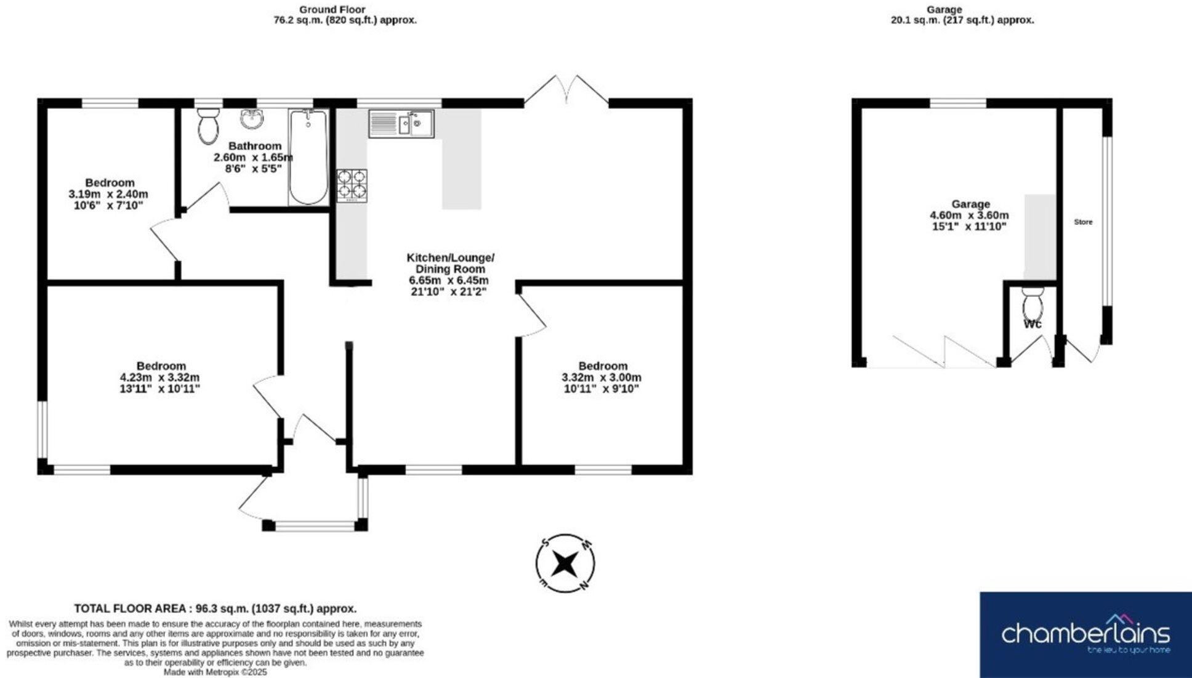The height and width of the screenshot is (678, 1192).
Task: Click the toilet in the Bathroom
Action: [209, 126]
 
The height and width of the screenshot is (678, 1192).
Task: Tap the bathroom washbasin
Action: [251, 119]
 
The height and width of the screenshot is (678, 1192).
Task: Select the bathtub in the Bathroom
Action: [308, 157]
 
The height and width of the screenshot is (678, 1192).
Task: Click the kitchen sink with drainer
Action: [401, 124]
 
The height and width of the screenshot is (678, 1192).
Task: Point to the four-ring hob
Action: [352, 185]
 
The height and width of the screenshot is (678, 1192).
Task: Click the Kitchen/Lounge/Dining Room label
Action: [450, 263]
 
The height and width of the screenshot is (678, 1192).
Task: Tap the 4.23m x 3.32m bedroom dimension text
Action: [159, 377]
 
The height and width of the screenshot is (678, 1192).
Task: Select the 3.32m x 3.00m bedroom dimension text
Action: [602, 377]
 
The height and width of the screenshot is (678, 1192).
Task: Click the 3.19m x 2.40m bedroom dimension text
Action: [108, 194]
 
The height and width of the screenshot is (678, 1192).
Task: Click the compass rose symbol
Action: [565, 563]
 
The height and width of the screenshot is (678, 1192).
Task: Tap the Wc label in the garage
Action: [1033, 324]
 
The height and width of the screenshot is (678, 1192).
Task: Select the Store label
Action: [1083, 222]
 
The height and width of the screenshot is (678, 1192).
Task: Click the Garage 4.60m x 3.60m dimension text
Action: [969, 216]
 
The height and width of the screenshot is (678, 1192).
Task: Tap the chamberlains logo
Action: [1085, 634]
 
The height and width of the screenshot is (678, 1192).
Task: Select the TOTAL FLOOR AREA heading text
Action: [215, 608]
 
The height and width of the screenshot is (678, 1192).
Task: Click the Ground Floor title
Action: [332, 9]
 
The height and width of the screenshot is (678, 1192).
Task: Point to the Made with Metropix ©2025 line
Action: [215, 672]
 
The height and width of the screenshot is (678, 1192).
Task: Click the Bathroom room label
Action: [255, 146]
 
